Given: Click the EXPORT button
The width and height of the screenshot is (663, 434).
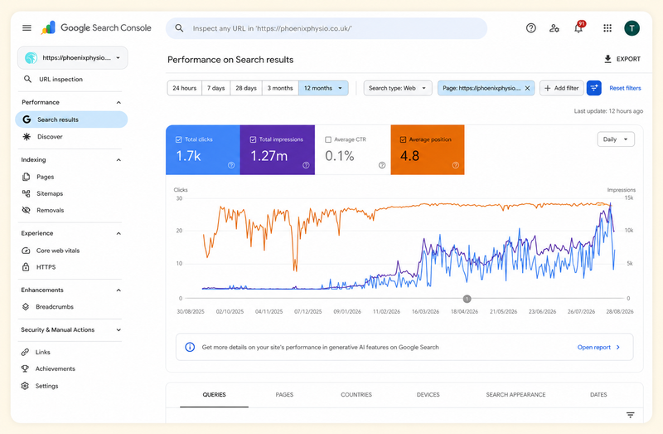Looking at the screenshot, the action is [622, 59].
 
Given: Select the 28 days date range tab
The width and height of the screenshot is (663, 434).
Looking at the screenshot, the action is [246, 88].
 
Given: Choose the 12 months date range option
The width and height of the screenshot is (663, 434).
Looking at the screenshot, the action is [323, 88].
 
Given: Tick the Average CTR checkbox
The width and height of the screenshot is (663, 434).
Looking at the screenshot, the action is [328, 139].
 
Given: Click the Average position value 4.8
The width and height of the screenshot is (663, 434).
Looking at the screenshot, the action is [409, 156].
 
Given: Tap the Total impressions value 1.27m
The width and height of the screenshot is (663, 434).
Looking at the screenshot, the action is [269, 156].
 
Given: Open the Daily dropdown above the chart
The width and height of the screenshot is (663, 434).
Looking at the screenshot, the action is [616, 139].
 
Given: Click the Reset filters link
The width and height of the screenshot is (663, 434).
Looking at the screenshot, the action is [625, 88].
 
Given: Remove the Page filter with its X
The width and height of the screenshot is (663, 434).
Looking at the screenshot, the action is [527, 88].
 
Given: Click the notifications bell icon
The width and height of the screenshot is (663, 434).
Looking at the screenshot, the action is [578, 28].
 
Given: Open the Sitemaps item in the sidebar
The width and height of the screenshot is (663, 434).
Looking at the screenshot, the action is [50, 193].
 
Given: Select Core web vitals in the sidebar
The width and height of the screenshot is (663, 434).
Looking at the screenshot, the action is [58, 251].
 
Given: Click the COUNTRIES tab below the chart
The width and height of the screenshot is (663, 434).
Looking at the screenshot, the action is [356, 395].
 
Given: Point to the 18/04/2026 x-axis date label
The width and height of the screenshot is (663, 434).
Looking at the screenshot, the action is [464, 312].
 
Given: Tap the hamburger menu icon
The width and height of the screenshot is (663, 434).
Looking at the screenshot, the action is [27, 28].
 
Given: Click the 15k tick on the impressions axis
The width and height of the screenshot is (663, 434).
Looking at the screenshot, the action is [629, 197].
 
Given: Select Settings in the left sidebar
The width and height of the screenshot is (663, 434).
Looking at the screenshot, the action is [47, 386].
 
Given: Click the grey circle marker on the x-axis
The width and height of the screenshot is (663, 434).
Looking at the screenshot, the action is [467, 299].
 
